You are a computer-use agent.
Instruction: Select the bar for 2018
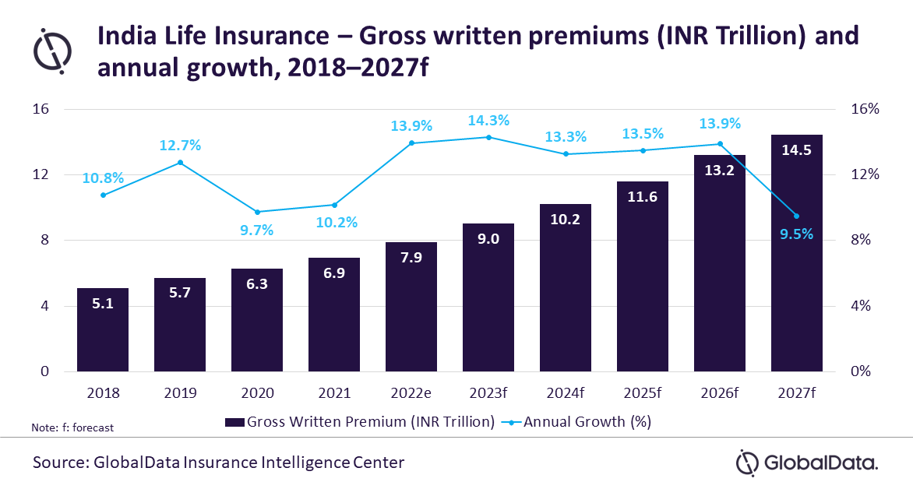click(x=103, y=330)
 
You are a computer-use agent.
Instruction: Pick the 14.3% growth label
click(x=488, y=121)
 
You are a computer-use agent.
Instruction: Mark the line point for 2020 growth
click(x=257, y=212)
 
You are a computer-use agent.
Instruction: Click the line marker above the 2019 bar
click(x=180, y=163)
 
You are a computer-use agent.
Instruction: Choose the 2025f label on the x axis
click(x=642, y=394)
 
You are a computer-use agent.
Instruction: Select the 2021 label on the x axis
click(x=334, y=394)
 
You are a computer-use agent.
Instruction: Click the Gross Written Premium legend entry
click(x=360, y=422)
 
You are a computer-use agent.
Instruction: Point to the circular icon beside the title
click(x=52, y=51)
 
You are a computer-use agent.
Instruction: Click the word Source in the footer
click(x=58, y=463)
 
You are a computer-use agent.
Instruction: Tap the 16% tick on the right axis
click(x=865, y=109)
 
